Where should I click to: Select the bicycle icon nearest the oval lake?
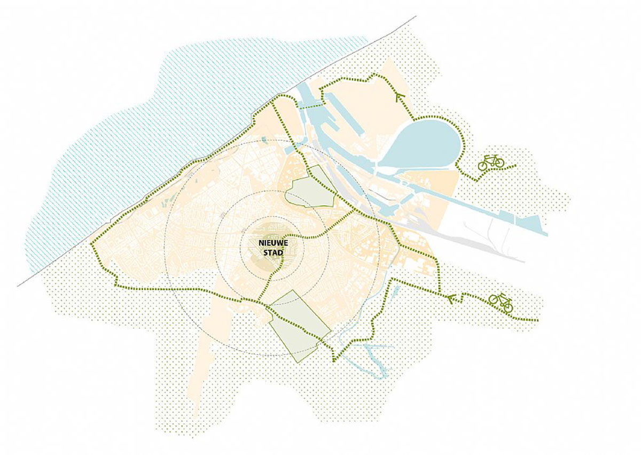[491, 162]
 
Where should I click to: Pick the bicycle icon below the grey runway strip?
[501, 303]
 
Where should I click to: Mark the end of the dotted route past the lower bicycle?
[537, 320]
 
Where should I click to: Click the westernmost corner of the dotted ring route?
[92, 244]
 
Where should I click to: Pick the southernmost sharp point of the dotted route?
[334, 361]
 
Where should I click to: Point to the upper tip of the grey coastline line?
[416, 16]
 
